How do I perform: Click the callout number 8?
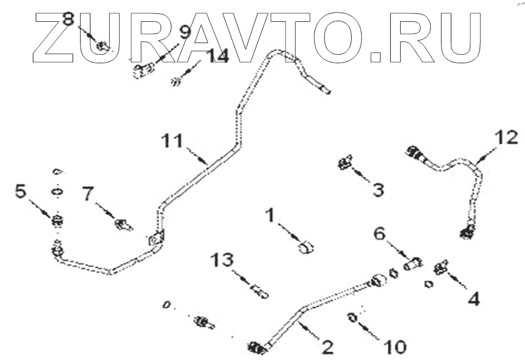click(69, 20)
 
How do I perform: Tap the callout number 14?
click(218, 56)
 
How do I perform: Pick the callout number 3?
click(378, 189)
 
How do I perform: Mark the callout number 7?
click(87, 194)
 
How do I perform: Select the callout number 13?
click(223, 261)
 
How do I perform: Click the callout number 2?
click(328, 347)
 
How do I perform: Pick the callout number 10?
click(395, 346)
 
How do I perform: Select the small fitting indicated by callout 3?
click(344, 165)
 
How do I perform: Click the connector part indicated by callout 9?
click(143, 72)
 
